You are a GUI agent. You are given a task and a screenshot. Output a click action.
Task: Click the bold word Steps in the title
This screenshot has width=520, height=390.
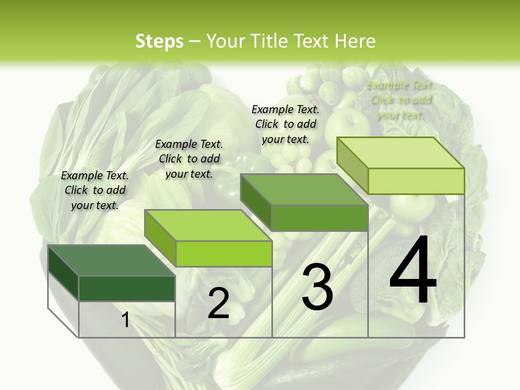coord(159,41)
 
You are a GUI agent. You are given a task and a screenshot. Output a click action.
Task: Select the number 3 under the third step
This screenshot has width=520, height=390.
coord(317,287)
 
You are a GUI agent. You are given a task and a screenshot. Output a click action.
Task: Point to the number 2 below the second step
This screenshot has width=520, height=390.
coord(218,303)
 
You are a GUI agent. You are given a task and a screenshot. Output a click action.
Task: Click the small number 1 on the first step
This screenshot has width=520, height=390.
coord(126,320)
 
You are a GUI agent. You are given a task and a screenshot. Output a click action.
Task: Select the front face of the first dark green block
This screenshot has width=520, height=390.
coord(127,288)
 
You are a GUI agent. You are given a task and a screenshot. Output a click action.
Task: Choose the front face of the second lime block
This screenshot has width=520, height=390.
coord(224,253)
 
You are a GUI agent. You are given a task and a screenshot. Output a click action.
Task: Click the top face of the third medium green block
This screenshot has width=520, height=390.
coord(304,190)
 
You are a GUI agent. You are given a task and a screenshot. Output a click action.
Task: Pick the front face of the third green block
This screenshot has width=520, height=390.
coord(320,218)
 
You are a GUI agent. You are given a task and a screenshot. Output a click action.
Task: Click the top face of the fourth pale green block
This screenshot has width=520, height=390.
coord(401,153)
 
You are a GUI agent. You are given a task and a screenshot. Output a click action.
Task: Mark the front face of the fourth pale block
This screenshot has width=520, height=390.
coord(416,181)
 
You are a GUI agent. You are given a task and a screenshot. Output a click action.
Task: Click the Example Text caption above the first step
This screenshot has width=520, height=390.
coord(95,190)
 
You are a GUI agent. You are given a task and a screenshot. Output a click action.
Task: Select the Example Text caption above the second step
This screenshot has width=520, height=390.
coord(189,159)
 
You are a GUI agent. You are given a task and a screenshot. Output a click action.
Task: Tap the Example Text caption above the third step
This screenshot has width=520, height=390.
coord(285,124)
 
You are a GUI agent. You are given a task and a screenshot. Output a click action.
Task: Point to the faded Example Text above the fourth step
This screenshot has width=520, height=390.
coord(400,100)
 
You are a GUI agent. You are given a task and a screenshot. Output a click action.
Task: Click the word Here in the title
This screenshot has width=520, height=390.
coord(356,41)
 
